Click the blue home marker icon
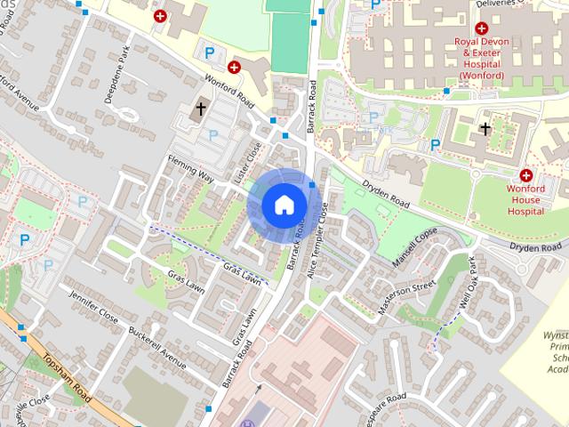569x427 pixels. point(284,205)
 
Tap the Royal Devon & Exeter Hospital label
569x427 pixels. point(479,58)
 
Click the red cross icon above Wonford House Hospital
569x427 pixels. point(526,175)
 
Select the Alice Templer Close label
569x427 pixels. point(318,240)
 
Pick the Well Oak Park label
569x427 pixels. point(468,282)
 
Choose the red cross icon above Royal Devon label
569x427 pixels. point(481,28)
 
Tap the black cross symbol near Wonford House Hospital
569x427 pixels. point(485,129)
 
